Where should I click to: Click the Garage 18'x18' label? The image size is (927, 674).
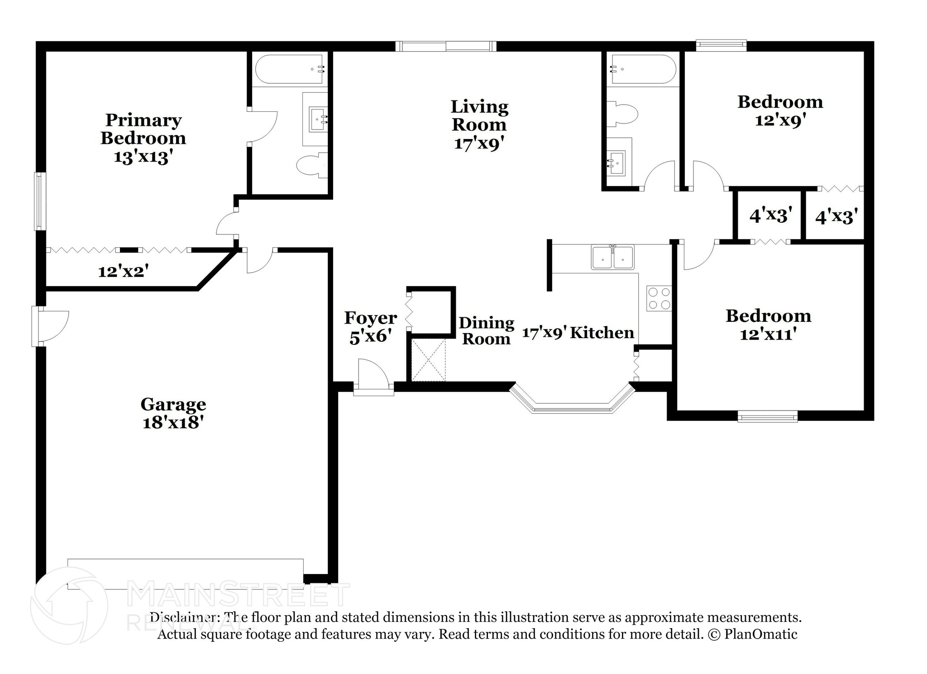(173, 413)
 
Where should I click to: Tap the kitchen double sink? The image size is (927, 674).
(612, 258)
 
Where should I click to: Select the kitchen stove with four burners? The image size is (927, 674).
(659, 298)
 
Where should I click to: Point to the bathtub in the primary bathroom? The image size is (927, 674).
(289, 69)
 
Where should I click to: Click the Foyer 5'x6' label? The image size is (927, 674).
(370, 327)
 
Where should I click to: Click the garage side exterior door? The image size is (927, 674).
(50, 326)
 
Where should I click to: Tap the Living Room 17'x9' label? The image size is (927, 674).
(479, 124)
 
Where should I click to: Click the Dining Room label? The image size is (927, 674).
(486, 331)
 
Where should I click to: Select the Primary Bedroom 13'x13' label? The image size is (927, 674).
(143, 138)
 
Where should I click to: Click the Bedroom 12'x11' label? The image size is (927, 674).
(768, 325)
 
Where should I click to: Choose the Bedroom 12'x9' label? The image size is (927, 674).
(780, 111)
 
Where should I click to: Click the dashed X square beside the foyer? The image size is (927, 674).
(428, 360)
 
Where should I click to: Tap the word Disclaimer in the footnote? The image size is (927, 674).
(183, 617)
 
